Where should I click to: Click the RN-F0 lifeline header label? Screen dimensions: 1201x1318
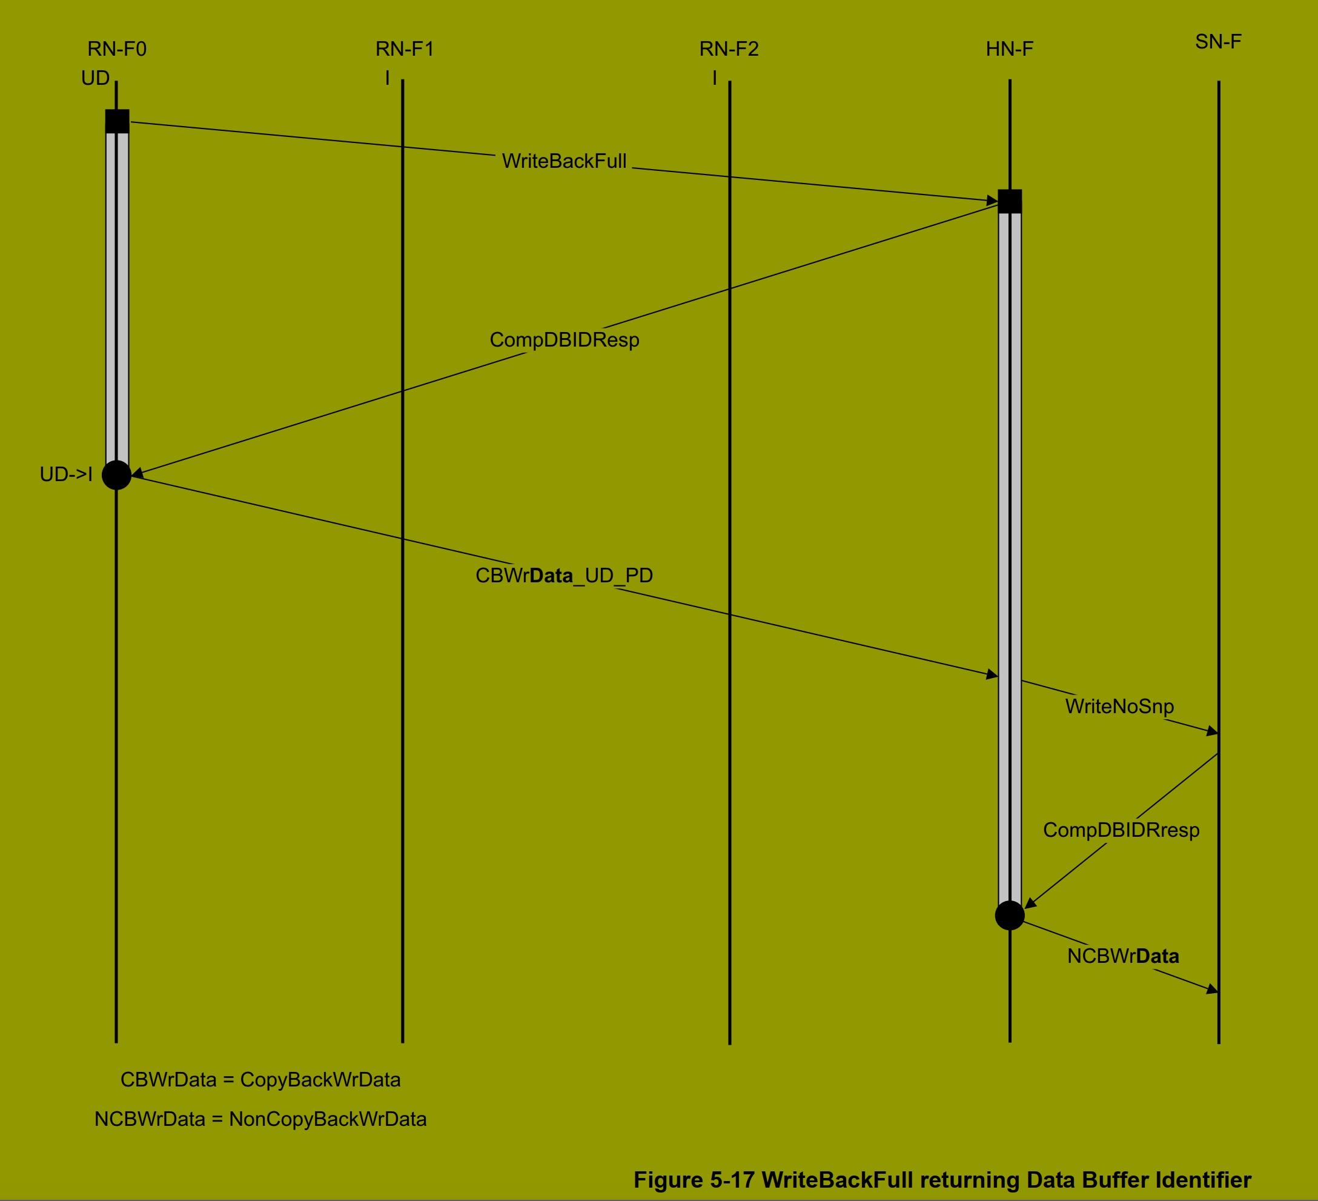tap(117, 49)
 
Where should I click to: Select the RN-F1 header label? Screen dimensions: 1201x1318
tap(405, 49)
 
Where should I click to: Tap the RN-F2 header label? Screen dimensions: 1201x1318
tap(729, 49)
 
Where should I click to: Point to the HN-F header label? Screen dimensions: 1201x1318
tap(1010, 49)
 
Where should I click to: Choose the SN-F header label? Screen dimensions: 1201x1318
tap(1218, 42)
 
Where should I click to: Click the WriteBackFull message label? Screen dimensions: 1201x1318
tap(564, 161)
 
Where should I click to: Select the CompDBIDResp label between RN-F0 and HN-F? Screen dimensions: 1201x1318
tap(564, 339)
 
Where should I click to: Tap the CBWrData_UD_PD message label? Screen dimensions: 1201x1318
tap(564, 576)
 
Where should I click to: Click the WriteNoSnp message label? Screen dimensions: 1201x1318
tap(1119, 707)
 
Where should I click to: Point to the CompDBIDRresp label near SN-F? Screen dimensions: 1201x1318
tap(1121, 830)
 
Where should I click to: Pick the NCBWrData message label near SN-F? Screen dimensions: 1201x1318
tap(1123, 956)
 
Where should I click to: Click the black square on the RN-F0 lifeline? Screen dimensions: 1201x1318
tap(117, 122)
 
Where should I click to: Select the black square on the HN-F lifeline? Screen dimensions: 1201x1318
tap(1010, 201)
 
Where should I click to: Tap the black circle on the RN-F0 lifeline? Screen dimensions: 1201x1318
tap(116, 475)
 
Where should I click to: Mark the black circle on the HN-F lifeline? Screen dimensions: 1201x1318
tap(1010, 915)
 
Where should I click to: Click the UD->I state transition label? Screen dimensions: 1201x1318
tap(66, 474)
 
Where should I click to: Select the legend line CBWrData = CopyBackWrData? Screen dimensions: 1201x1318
tap(260, 1079)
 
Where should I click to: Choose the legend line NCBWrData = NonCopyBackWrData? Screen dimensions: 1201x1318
tap(260, 1119)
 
